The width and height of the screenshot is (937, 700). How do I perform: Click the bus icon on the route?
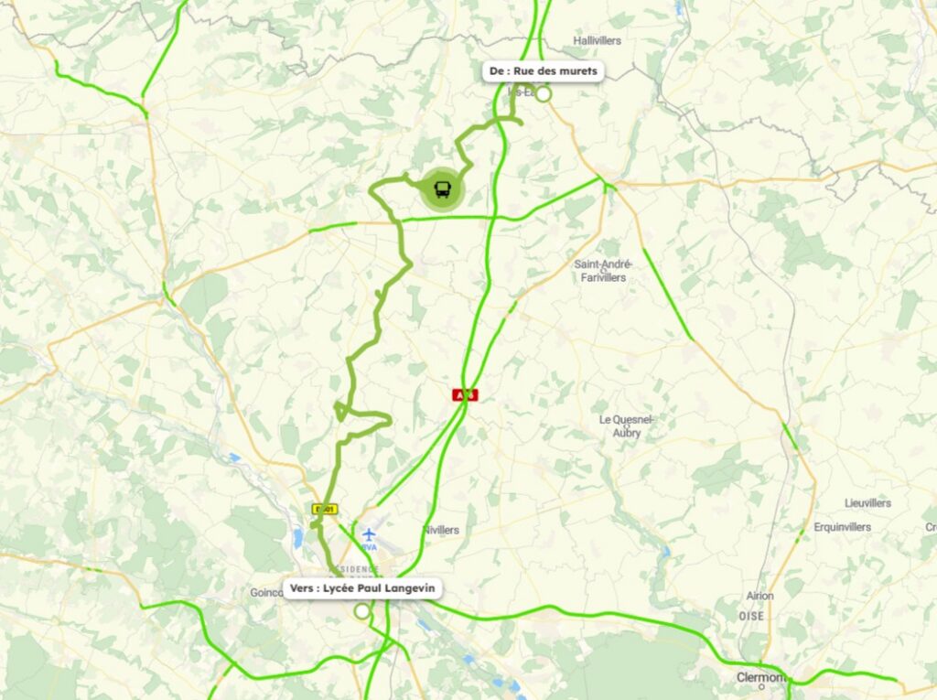click(442, 189)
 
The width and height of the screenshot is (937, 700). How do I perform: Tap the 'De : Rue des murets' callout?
click(543, 71)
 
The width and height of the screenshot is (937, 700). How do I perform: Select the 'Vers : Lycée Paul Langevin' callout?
click(361, 587)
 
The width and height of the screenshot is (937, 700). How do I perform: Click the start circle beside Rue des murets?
click(544, 93)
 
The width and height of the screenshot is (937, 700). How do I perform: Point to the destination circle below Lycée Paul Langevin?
click(362, 610)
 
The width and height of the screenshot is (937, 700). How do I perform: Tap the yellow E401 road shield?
click(324, 510)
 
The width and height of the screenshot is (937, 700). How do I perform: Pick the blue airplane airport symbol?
click(368, 534)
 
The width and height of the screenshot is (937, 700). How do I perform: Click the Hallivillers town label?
click(597, 41)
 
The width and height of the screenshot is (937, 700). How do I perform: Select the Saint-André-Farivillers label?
click(600, 271)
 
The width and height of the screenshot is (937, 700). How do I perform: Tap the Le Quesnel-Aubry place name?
click(627, 425)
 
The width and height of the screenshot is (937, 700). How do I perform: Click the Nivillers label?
click(441, 531)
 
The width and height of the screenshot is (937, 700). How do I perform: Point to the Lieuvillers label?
click(867, 503)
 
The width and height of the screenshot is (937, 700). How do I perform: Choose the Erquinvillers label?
click(842, 527)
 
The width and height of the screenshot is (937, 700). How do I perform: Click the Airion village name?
click(759, 596)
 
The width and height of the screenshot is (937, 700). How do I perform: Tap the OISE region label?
click(751, 617)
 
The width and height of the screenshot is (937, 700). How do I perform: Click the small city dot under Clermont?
click(761, 687)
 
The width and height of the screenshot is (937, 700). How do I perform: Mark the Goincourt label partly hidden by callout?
click(266, 593)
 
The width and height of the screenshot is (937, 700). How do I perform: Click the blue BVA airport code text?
click(368, 546)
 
